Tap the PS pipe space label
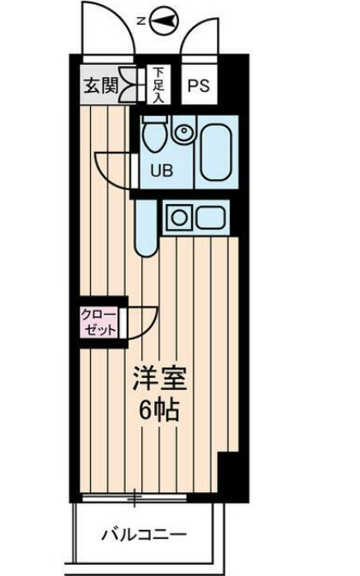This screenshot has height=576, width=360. (199, 86)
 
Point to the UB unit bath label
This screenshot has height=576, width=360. (161, 169)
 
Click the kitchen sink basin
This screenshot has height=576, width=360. (210, 217)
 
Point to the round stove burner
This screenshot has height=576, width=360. (179, 217)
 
